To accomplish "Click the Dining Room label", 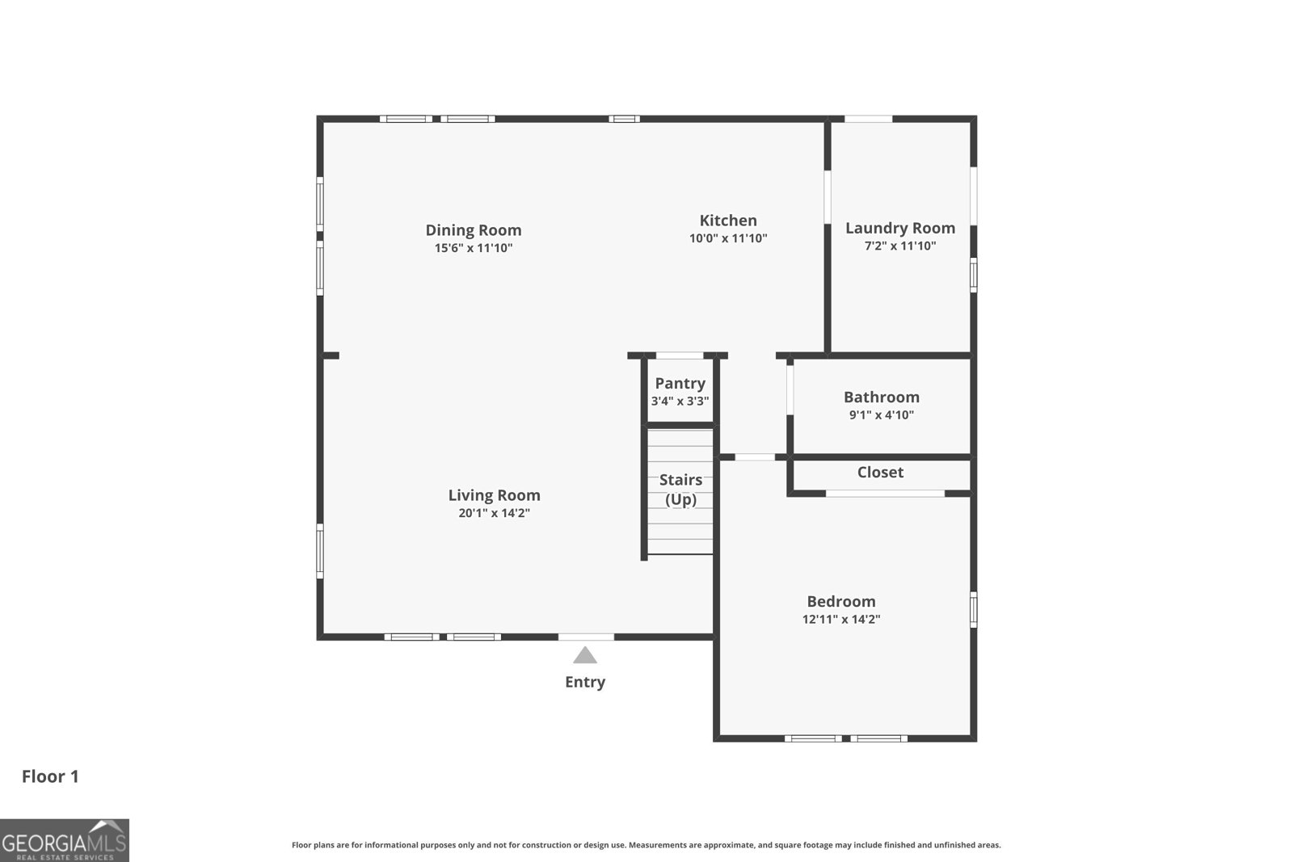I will coord(473,230).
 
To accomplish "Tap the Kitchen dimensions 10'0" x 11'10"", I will coord(728,238).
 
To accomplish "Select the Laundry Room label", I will coord(900,228).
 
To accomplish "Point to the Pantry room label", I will coord(680,383).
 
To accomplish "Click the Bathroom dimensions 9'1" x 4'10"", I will coord(881,414).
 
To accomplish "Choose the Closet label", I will coord(880,472).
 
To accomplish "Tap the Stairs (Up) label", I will coord(680,489).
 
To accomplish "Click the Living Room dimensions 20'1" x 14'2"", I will coord(494,513).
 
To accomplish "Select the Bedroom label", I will coord(841,601).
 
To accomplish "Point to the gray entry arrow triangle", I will coord(585,655).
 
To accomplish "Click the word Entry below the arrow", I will coord(585,682).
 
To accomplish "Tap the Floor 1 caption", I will coord(50,776).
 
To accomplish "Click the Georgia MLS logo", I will coord(65,840).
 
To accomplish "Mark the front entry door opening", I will coord(586,637).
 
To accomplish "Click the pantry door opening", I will coord(680,355).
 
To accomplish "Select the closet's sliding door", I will coord(885,493).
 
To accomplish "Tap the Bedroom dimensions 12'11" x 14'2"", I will coord(841,620).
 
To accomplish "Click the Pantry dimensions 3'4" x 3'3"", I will coord(680,401).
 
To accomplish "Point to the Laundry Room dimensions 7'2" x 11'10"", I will coord(900,246).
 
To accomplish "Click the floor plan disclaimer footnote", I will coord(646,845).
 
